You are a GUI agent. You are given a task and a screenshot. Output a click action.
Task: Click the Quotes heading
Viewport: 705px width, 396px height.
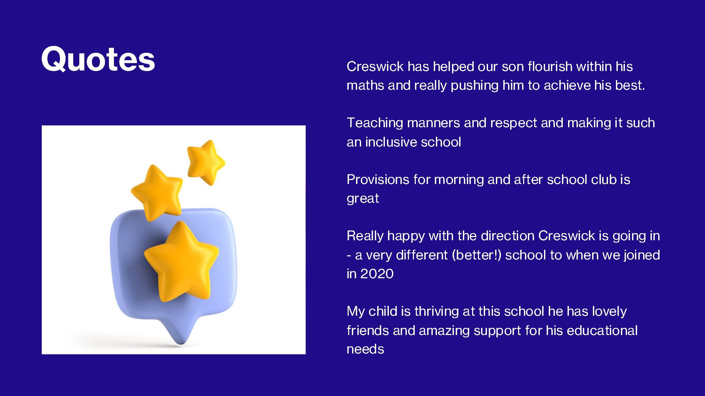pyautogui.click(x=98, y=59)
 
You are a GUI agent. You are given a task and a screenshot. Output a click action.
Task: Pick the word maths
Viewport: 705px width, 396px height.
pyautogui.click(x=365, y=86)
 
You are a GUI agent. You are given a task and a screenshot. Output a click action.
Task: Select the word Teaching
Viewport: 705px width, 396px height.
pyautogui.click(x=375, y=123)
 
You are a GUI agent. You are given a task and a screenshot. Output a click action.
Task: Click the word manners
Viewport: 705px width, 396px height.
pyautogui.click(x=434, y=123)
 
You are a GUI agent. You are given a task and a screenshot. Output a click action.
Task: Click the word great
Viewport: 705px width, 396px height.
pyautogui.click(x=363, y=199)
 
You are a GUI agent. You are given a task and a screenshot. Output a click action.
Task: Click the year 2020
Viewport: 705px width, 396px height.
pyautogui.click(x=377, y=274)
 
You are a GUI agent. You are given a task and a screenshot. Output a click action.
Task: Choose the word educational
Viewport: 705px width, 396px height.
pyautogui.click(x=602, y=331)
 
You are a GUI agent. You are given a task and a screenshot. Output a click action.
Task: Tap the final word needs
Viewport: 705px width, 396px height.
pyautogui.click(x=365, y=349)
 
